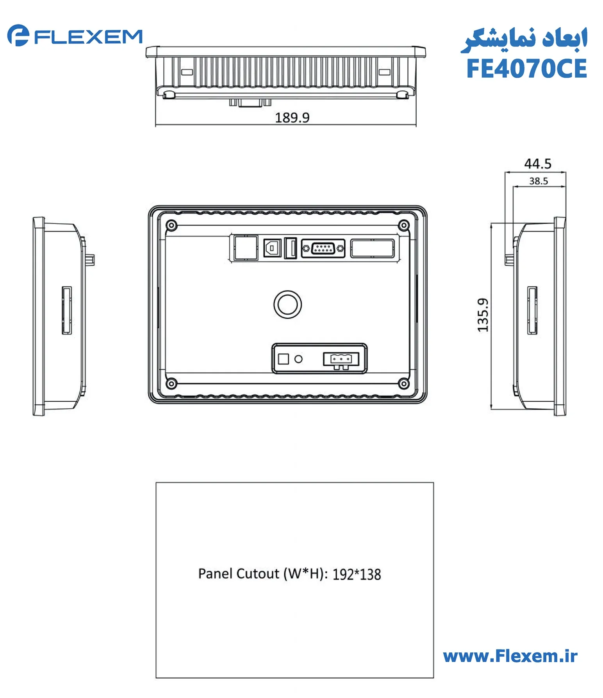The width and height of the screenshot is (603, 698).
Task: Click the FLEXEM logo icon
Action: point(18,36)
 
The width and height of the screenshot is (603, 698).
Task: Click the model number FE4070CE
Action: point(526,69)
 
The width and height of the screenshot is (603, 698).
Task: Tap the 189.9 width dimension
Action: point(292,118)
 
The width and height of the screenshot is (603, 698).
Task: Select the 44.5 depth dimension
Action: point(537,164)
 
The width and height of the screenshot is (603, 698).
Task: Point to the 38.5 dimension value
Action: point(538,181)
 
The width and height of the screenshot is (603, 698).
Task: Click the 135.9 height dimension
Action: point(483,315)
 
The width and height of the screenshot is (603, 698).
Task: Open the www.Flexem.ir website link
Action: point(510,656)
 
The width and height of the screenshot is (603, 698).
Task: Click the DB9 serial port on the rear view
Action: point(323,248)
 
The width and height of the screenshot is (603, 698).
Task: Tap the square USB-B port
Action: point(272,248)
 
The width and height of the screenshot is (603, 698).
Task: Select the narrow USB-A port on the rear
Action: point(290,248)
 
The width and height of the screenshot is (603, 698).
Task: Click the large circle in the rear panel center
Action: point(287,304)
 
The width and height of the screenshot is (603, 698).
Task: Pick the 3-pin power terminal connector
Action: point(341,359)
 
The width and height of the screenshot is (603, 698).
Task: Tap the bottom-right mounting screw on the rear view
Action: point(403,384)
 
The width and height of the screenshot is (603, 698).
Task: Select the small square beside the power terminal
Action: point(283,359)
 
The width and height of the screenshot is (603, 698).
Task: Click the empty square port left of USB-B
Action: point(246,247)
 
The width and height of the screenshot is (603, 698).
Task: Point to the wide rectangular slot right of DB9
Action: point(372,248)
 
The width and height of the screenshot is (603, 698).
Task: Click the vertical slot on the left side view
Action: point(67,310)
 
